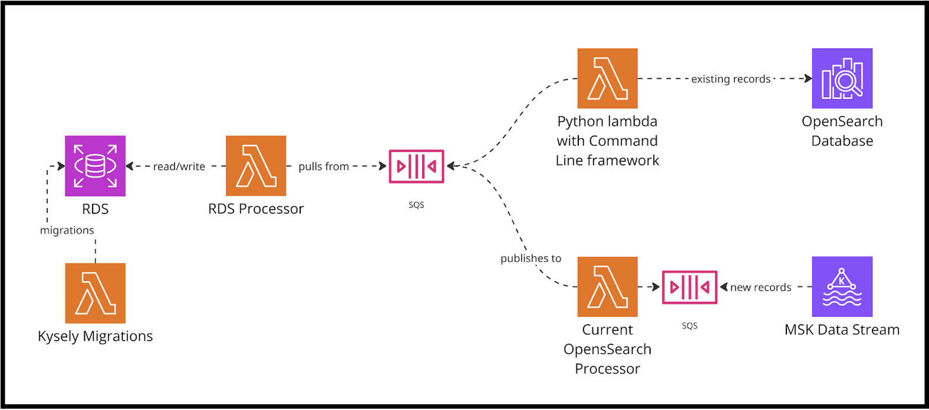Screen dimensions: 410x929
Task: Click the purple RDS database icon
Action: pos(95,166)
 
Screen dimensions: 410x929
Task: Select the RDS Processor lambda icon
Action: pos(256,166)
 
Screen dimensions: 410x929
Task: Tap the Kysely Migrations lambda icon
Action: pos(95,293)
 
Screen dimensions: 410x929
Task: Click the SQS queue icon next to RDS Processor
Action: pos(416,167)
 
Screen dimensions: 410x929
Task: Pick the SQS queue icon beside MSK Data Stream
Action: pos(689,287)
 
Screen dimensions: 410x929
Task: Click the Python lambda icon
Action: pos(607,78)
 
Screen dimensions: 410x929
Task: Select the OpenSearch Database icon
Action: pos(842,78)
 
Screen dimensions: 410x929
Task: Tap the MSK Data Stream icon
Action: pos(842,287)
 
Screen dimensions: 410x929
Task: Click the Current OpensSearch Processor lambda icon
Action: pos(607,287)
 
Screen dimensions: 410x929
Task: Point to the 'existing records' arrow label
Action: pos(730,79)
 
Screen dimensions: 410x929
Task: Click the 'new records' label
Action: pos(760,287)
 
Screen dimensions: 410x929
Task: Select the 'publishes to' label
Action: pos(531,259)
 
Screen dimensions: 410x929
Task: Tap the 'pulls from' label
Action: pos(324,167)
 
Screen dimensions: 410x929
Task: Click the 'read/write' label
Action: pos(179,167)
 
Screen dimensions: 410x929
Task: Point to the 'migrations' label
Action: pos(67,230)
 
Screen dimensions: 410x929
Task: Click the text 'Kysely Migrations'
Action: pos(95,336)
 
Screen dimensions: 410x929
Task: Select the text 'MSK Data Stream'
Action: pos(842,330)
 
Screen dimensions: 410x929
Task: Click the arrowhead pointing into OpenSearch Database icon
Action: pos(809,78)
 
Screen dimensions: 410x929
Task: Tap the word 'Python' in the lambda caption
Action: pos(578,121)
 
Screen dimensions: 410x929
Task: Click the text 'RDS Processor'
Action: pos(256,209)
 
